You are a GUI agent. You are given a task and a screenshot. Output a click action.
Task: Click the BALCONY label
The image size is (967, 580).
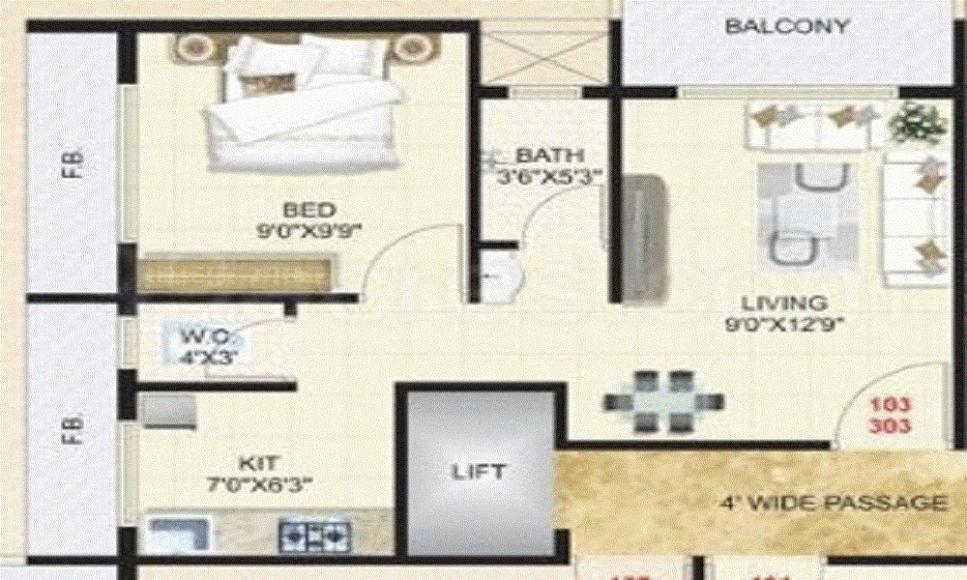(x=787, y=26)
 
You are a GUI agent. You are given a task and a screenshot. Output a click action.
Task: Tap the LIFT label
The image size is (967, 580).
(x=479, y=472)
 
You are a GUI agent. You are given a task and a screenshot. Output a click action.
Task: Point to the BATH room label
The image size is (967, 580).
(x=549, y=156)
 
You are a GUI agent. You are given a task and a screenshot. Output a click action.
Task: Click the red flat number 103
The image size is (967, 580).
(x=891, y=405)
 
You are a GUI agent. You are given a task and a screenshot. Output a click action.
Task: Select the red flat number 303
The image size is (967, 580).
(x=891, y=425)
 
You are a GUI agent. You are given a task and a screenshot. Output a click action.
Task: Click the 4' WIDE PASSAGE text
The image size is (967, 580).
(x=833, y=504)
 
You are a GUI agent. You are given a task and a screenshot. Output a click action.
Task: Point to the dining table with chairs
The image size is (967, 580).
(x=662, y=400)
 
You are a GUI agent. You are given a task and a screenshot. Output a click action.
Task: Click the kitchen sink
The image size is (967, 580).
(x=180, y=533)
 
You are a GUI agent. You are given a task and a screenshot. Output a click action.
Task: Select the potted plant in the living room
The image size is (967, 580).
(x=915, y=124)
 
